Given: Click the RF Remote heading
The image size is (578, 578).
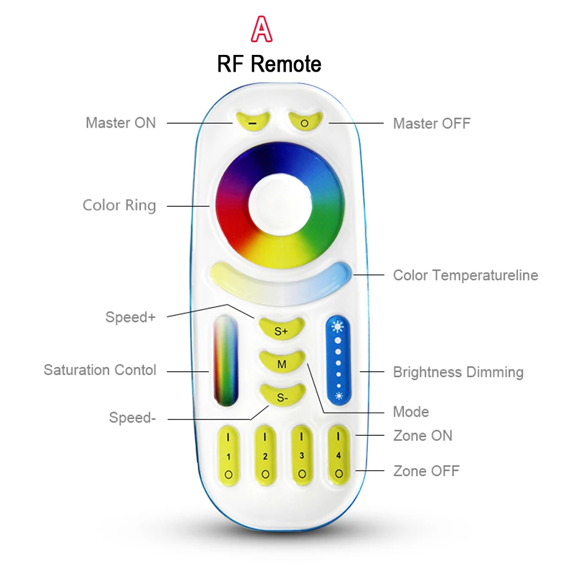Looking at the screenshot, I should click(269, 64).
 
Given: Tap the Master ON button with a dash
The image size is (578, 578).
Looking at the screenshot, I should click(253, 121).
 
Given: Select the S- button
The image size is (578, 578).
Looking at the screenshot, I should click(281, 396).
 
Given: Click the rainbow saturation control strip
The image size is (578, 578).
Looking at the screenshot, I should click(226, 361).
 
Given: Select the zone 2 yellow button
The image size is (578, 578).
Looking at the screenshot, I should click(265, 455).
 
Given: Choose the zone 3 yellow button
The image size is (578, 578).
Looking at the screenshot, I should click(302, 455).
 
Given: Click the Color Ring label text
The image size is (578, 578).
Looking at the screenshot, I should click(119, 205).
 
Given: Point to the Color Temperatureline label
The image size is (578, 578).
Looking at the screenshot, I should click(465, 275).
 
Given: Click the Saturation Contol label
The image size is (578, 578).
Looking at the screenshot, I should click(100, 370).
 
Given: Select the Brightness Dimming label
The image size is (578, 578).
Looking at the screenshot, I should click(458, 372).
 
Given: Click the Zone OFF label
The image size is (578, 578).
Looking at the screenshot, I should click(426, 471).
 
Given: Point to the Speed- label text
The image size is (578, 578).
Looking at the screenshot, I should click(132, 417).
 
